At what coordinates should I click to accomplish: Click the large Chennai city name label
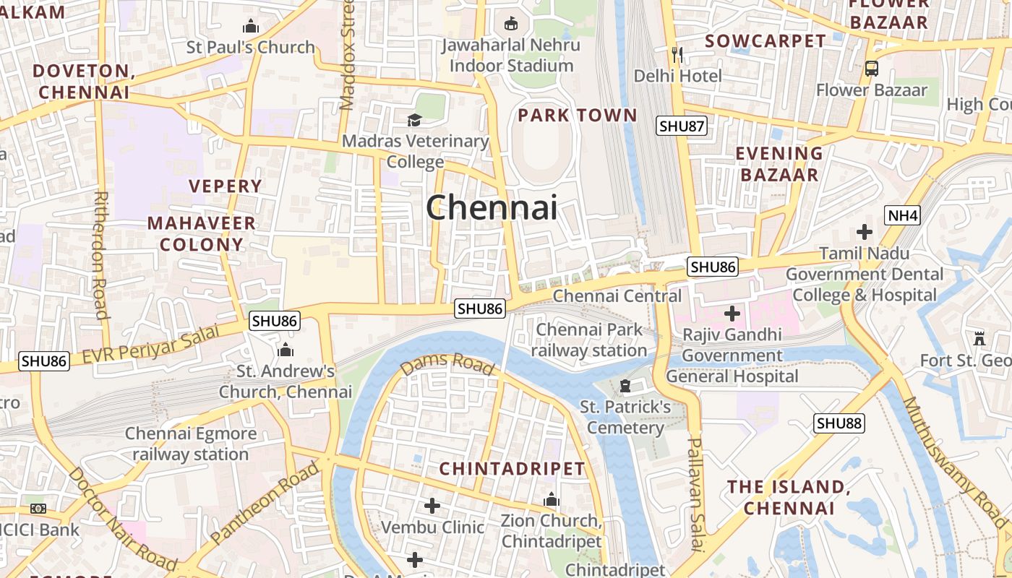pos(492,208)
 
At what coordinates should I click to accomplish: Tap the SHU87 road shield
pos(682,126)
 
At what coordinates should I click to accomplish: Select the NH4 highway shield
pos(902,215)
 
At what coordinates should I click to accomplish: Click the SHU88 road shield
pos(839,423)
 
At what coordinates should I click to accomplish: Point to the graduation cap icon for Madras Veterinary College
pos(414,120)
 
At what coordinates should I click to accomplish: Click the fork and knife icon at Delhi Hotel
pos(677,54)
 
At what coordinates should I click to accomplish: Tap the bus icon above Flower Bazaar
pos(872,69)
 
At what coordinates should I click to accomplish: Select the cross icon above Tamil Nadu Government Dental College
pos(864,232)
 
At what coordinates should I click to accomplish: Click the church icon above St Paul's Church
pos(251,27)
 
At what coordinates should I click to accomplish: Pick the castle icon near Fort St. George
pos(979,337)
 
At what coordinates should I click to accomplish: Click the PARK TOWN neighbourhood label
pos(578,116)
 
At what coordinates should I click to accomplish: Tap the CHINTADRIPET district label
pos(512,469)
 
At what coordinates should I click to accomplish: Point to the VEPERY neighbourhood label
pos(226,186)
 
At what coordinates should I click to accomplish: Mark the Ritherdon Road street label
pos(100,254)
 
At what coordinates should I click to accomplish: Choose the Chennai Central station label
pos(617,296)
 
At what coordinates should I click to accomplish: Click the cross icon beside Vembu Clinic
pos(432,505)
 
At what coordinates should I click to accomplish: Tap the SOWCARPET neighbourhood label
pos(765,41)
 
